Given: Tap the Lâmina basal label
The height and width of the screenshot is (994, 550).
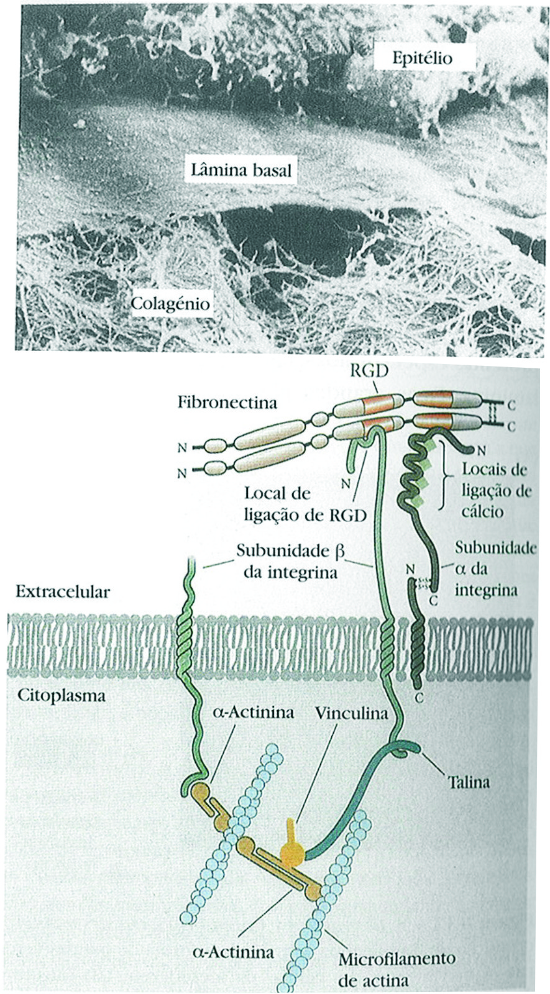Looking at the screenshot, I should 241,169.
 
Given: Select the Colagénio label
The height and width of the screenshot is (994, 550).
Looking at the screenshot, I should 170,304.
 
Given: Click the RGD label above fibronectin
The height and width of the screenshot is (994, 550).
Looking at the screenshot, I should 369,372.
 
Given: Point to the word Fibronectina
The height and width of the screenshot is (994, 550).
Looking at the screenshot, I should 227,403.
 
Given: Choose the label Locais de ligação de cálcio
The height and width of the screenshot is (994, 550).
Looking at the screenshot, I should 495,491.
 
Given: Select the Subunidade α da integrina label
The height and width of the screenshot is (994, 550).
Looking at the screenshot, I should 495,568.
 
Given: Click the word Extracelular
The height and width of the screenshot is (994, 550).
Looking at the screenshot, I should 62,591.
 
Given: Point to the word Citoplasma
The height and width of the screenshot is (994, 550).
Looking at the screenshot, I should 60,695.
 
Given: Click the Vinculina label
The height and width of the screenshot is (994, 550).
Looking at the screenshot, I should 351,713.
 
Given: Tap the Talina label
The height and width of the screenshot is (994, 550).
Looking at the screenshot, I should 469,781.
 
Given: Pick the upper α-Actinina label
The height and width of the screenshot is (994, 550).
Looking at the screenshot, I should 253,712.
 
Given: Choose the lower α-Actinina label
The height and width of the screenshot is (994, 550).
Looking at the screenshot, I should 234,951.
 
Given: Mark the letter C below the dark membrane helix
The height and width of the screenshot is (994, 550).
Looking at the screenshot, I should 419,698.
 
